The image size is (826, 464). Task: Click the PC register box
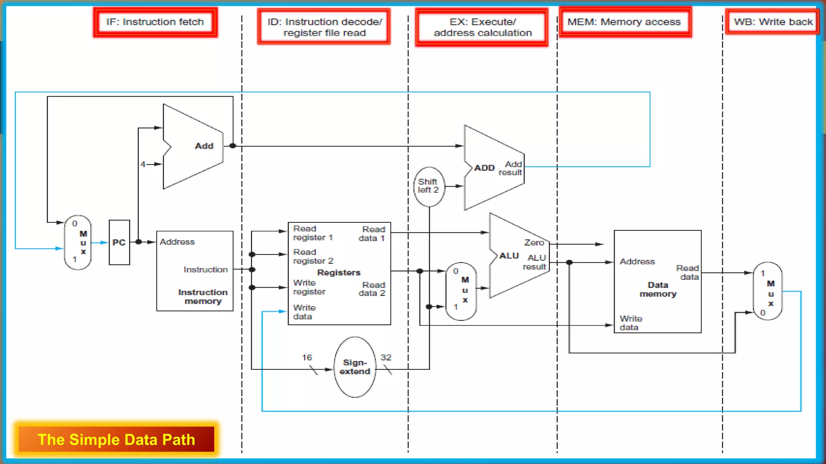coord(119,242)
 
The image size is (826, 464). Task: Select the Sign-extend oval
coord(355,367)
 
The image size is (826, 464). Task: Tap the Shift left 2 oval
coord(428,186)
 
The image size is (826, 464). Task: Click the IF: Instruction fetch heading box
coord(155,22)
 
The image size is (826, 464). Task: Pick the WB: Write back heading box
coord(772,22)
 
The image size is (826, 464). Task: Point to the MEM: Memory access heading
coord(624,22)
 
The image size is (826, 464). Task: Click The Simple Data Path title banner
coord(116,439)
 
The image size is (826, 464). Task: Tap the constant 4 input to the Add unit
coord(143,164)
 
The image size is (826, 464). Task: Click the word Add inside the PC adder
coord(204,146)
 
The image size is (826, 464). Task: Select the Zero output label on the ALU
coord(534,242)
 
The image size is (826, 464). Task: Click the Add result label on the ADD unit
coord(510,168)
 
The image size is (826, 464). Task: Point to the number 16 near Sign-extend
coord(307,357)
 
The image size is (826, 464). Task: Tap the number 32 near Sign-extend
coord(386,357)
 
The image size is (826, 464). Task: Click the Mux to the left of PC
coord(78,242)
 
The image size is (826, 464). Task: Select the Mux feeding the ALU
coord(461,291)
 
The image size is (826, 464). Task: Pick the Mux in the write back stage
coord(768,291)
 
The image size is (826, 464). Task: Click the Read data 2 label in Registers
coord(372,289)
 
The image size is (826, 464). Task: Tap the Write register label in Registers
coord(309,287)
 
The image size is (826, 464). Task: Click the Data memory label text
coord(658,289)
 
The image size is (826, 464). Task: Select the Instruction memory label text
coord(203,296)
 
